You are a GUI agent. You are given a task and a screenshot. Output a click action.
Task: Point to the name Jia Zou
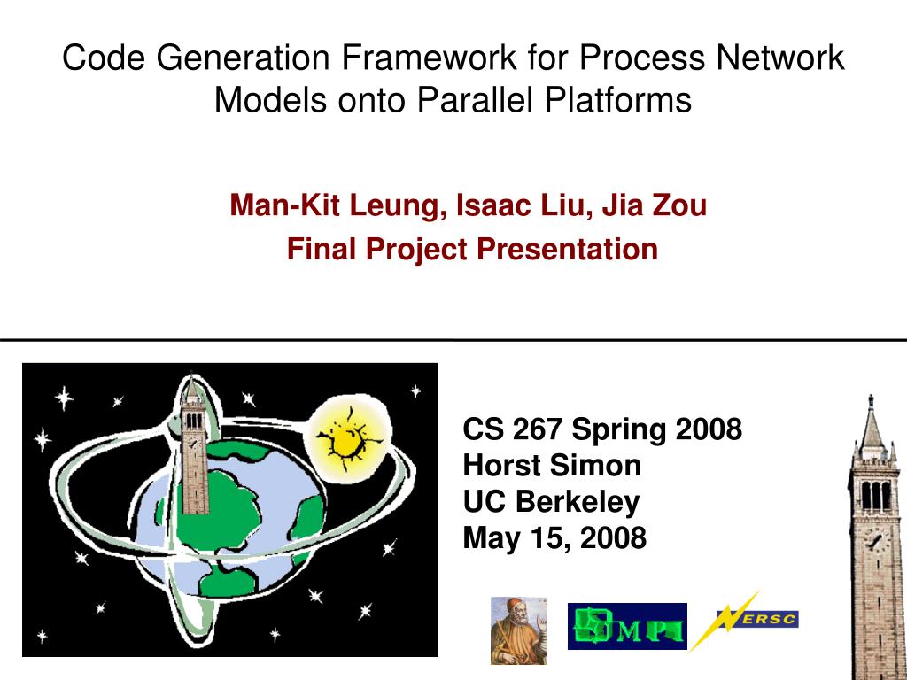pos(655,205)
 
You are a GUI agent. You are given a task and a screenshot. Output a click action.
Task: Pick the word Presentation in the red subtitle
pos(568,249)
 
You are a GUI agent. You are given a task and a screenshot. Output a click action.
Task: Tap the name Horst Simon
pos(552,466)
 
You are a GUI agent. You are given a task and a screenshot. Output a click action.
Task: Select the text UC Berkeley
pos(551,502)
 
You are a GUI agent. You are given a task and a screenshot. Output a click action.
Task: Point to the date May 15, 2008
pos(554,538)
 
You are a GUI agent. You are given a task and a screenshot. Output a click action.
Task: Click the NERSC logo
pos(744,620)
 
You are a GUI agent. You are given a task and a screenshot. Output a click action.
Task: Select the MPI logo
pos(627,626)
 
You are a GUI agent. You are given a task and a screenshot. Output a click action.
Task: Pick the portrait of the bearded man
pos(519,630)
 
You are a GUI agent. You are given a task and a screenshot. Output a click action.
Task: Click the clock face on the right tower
pos(875,542)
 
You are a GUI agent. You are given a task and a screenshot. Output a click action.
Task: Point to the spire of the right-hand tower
pos(871,419)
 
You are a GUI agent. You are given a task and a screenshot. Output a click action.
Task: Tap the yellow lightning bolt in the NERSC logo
pos(725,621)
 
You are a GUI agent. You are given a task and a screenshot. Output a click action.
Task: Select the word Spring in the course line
pos(619,430)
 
